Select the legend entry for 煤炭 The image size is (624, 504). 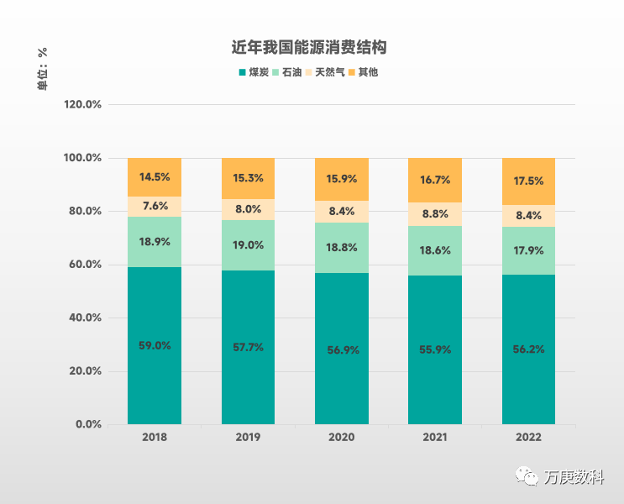point(253,72)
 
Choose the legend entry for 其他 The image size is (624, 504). point(363,72)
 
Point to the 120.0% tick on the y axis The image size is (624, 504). point(82,105)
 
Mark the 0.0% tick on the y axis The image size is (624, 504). point(88,424)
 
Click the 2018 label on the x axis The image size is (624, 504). point(155,438)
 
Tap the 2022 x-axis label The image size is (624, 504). point(528,438)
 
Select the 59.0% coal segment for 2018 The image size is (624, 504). point(155,345)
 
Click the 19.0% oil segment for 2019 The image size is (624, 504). point(248,245)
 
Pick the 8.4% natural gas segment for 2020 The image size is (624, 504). point(342,213)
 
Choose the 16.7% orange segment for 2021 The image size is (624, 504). point(435,180)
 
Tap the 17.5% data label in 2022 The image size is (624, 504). point(528,181)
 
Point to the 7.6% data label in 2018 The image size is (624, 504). point(155,207)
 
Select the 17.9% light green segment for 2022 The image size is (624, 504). point(528,250)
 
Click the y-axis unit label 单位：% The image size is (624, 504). point(42,67)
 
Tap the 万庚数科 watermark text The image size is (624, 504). point(574,477)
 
